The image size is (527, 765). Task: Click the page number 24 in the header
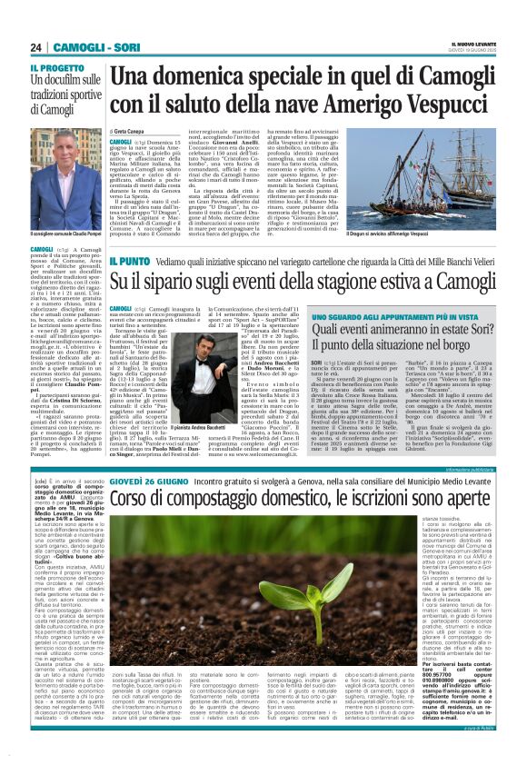[37, 47]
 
